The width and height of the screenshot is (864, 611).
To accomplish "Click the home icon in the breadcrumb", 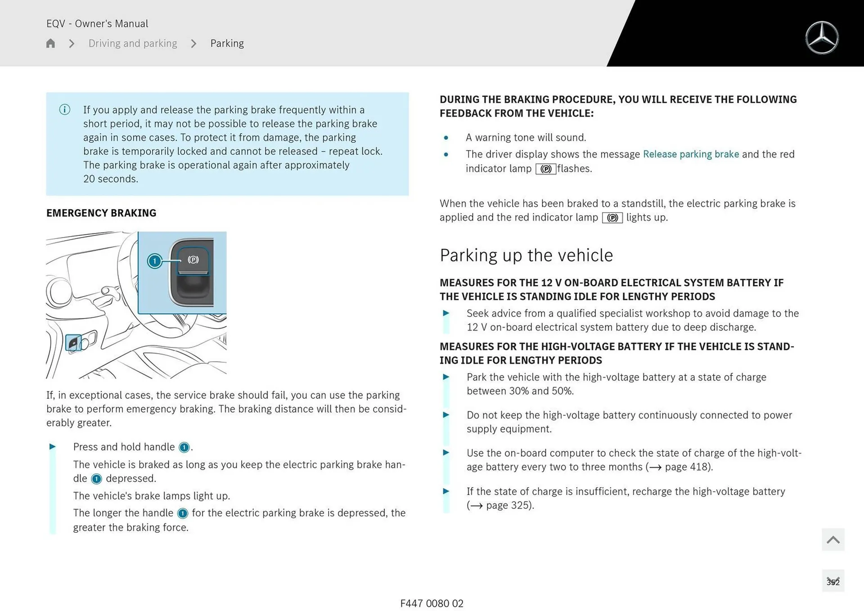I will tap(50, 43).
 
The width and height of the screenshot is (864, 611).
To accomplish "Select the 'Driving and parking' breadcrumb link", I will tap(133, 43).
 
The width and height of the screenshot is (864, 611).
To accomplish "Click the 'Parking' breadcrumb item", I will tap(227, 43).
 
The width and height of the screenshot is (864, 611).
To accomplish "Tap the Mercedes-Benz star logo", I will tap(822, 38).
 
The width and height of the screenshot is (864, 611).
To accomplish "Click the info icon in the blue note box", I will tap(65, 110).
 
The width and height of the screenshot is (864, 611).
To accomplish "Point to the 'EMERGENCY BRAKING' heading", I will tap(101, 213).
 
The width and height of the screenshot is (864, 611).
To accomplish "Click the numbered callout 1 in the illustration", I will tap(155, 261).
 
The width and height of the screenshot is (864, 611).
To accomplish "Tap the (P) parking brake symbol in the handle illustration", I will tap(193, 260).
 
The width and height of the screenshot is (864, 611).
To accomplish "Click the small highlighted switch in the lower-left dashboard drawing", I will tap(73, 343).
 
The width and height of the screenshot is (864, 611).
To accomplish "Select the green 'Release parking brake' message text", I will tap(691, 154).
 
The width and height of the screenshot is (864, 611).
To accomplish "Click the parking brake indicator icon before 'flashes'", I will tap(546, 169).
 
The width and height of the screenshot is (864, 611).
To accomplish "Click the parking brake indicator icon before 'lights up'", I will tap(612, 218).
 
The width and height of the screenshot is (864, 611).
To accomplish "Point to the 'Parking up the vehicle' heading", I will tap(526, 255).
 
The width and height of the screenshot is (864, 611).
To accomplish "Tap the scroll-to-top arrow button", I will tap(833, 539).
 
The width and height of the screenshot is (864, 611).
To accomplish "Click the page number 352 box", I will tap(833, 581).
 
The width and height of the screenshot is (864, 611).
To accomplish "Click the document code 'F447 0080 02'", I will tap(432, 603).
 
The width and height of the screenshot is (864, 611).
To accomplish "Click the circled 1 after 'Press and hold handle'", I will tap(184, 447).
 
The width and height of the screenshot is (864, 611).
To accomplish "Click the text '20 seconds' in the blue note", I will tap(110, 179).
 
